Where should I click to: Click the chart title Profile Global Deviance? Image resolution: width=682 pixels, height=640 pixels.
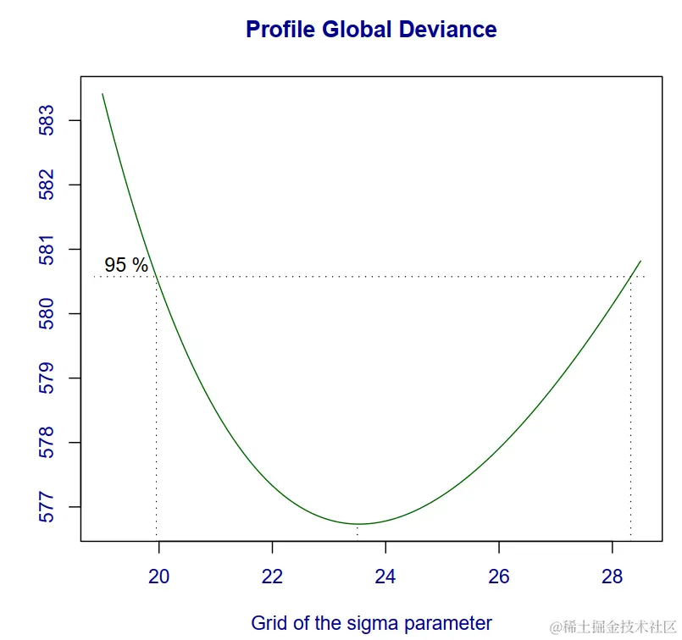pyautogui.click(x=371, y=30)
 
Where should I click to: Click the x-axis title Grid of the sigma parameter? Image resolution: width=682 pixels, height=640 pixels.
pyautogui.click(x=371, y=623)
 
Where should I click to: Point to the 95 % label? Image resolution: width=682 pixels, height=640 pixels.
pyautogui.click(x=126, y=265)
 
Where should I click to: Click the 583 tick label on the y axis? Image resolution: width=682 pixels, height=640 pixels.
pyautogui.click(x=47, y=120)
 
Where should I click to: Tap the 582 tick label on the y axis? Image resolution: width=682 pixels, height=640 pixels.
pyautogui.click(x=47, y=185)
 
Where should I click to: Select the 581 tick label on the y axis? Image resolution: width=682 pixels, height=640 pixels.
pyautogui.click(x=47, y=250)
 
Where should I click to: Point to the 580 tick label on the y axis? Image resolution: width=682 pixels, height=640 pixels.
pyautogui.click(x=47, y=314)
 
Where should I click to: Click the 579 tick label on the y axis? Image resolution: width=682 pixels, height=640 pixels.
pyautogui.click(x=47, y=378)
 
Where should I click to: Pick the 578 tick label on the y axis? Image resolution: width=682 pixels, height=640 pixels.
pyautogui.click(x=47, y=443)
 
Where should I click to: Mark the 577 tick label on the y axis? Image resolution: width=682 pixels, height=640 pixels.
pyautogui.click(x=47, y=507)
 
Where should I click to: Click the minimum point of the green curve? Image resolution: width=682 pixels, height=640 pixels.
pyautogui.click(x=358, y=524)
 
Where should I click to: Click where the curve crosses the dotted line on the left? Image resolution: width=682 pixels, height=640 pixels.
pyautogui.click(x=157, y=277)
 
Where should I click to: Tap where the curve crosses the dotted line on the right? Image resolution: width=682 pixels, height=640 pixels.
pyautogui.click(x=630, y=277)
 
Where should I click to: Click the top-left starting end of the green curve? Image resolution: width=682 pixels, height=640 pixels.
pyautogui.click(x=103, y=94)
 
